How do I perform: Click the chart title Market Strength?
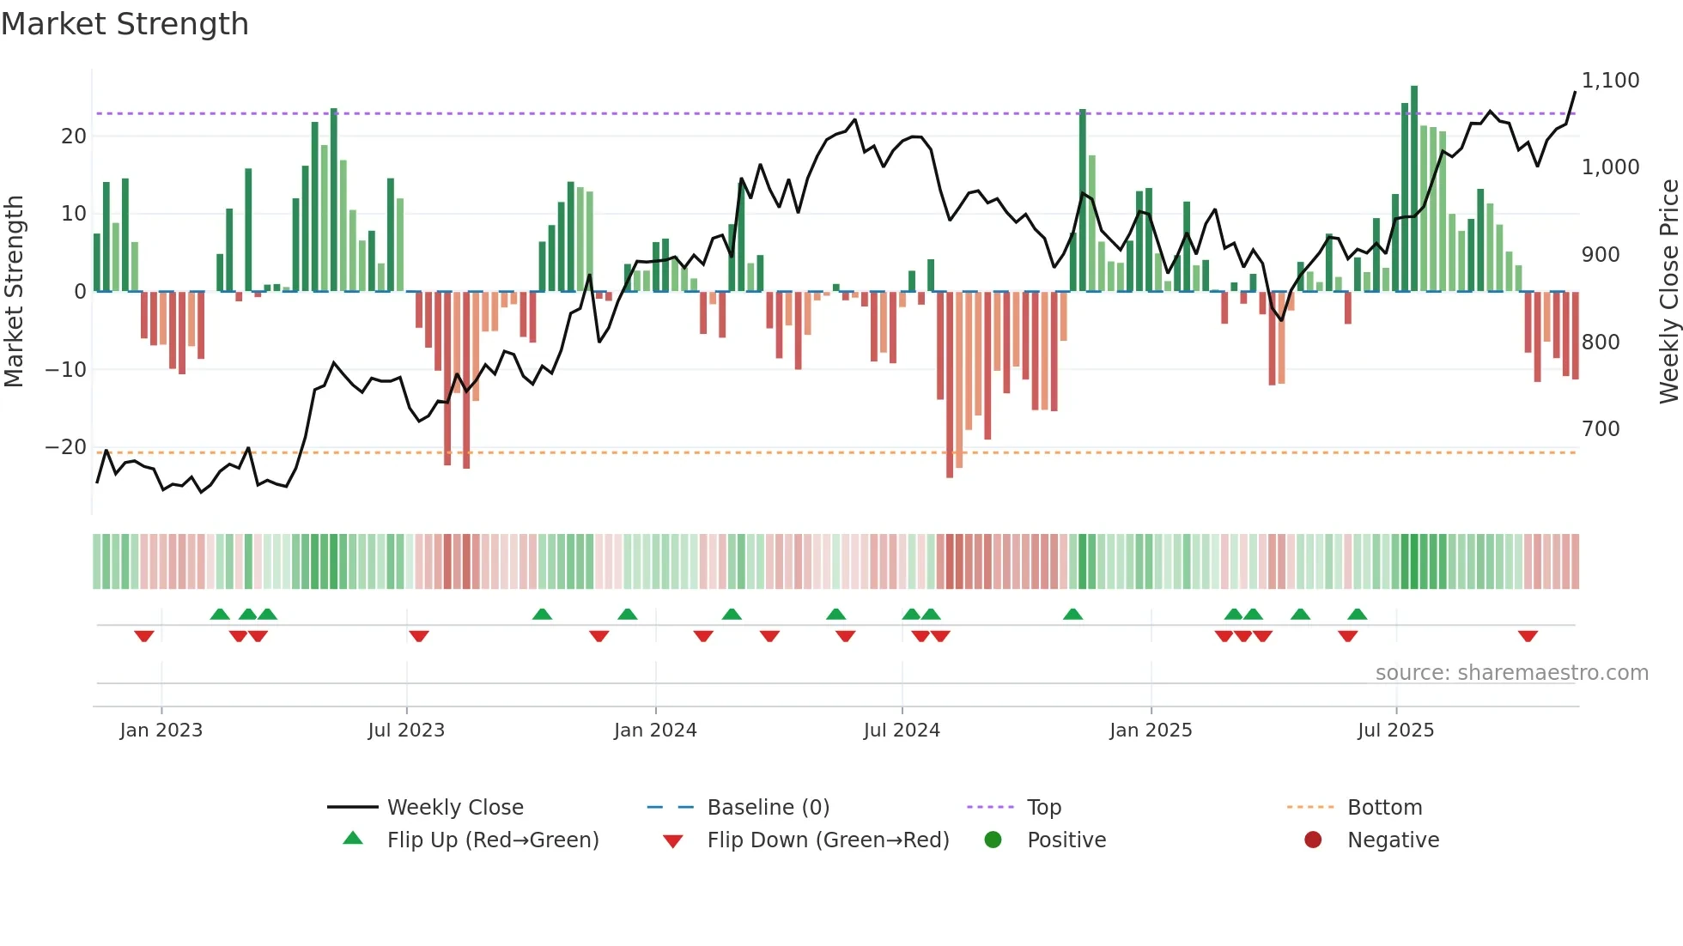pos(125,24)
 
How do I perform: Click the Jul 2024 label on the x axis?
pos(902,731)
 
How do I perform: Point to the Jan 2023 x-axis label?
pos(161,731)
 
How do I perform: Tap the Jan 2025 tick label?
pos(1151,731)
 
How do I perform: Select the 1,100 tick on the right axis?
pos(1610,81)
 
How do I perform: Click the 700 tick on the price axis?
pos(1601,429)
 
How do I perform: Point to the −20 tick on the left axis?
pos(65,447)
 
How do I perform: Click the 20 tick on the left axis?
pos(74,136)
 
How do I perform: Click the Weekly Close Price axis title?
pos(1668,292)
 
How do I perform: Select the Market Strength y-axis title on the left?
pos(14,292)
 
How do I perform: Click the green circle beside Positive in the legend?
pos(993,840)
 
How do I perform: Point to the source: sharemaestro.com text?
pos(1511,673)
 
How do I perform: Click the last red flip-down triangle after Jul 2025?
pos(1528,636)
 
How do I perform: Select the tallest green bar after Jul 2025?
pos(1414,189)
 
